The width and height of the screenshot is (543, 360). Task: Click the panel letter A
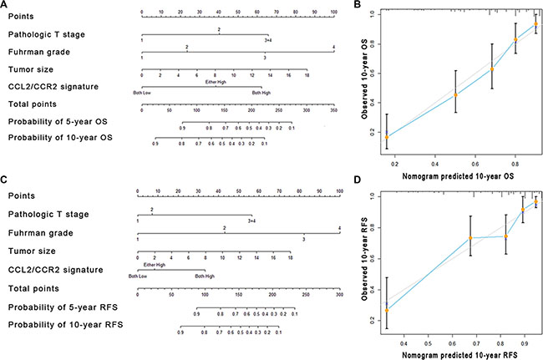[x=5, y=6]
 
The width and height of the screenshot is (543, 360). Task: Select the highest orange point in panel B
[x=535, y=24]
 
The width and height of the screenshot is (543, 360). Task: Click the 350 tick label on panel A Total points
[x=333, y=109]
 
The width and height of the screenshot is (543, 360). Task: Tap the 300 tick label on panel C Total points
[x=339, y=295]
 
